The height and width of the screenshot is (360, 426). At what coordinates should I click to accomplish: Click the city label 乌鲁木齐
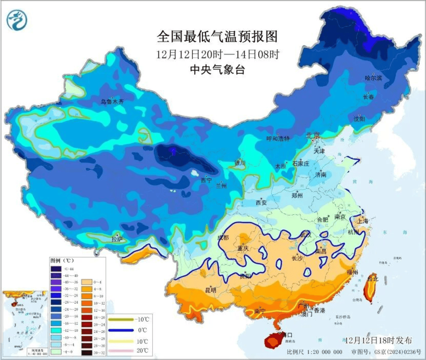click(112, 102)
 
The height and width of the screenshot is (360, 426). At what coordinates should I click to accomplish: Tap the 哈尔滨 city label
click(373, 78)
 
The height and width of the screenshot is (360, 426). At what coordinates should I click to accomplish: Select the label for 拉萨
click(117, 239)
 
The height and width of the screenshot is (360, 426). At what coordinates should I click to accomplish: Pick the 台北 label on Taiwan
click(372, 279)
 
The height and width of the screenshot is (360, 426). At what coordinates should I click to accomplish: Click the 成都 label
click(223, 237)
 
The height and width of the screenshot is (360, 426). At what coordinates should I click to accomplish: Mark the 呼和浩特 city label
click(278, 139)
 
